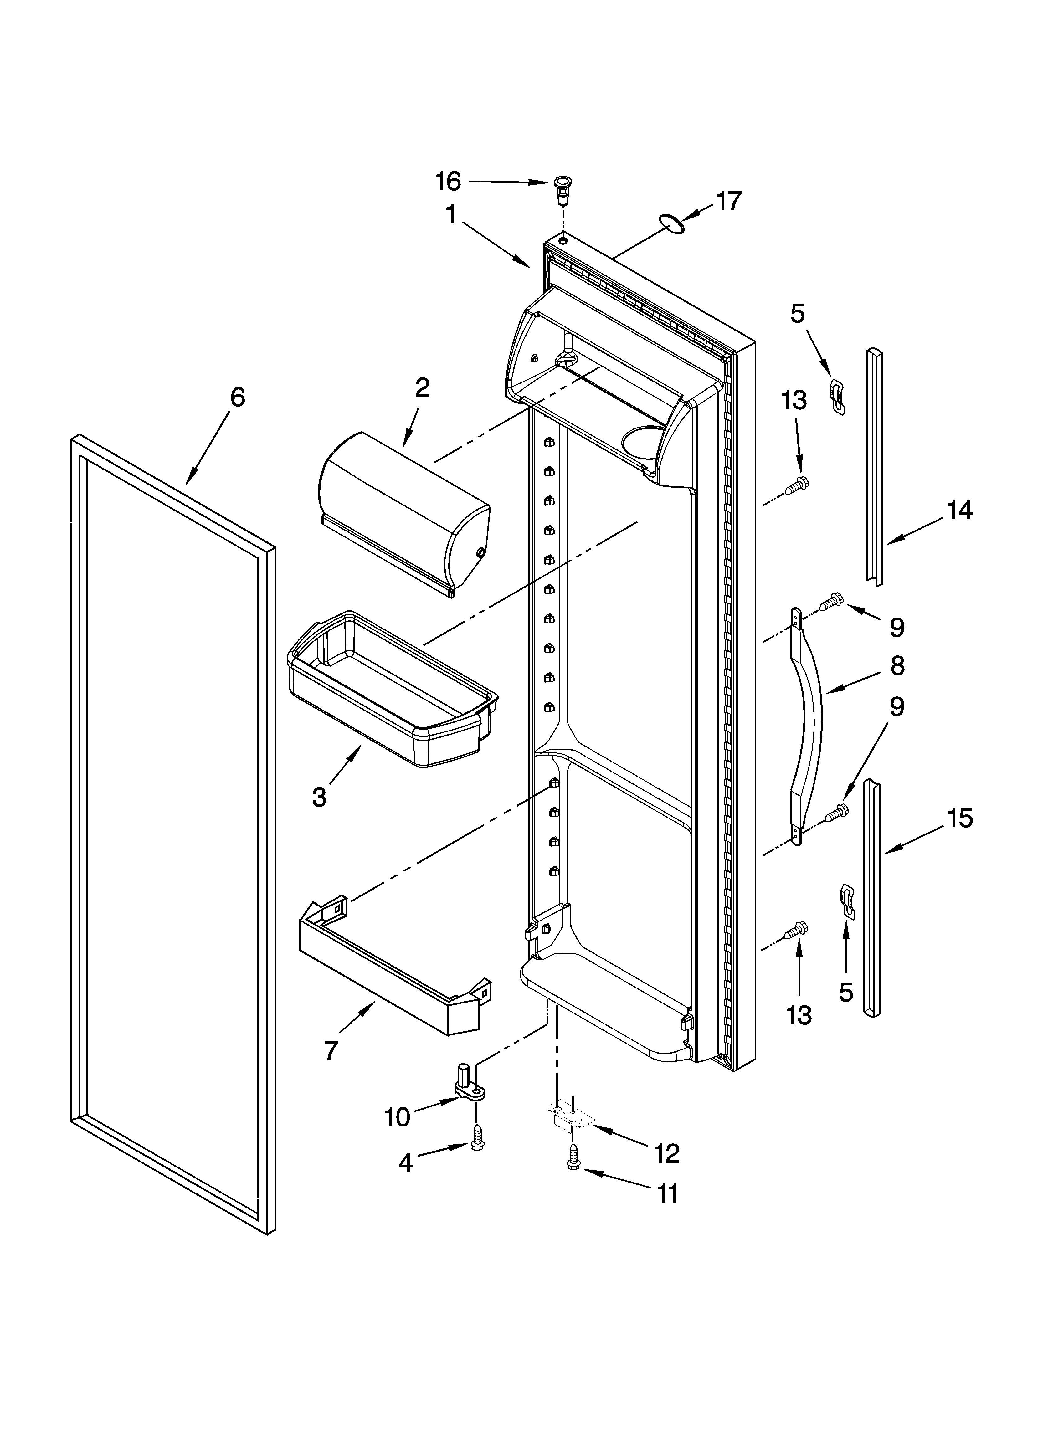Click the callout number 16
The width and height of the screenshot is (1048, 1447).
coord(448,182)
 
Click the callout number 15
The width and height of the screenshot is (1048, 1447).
coord(959,818)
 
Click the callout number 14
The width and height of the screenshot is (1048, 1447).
coord(959,511)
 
